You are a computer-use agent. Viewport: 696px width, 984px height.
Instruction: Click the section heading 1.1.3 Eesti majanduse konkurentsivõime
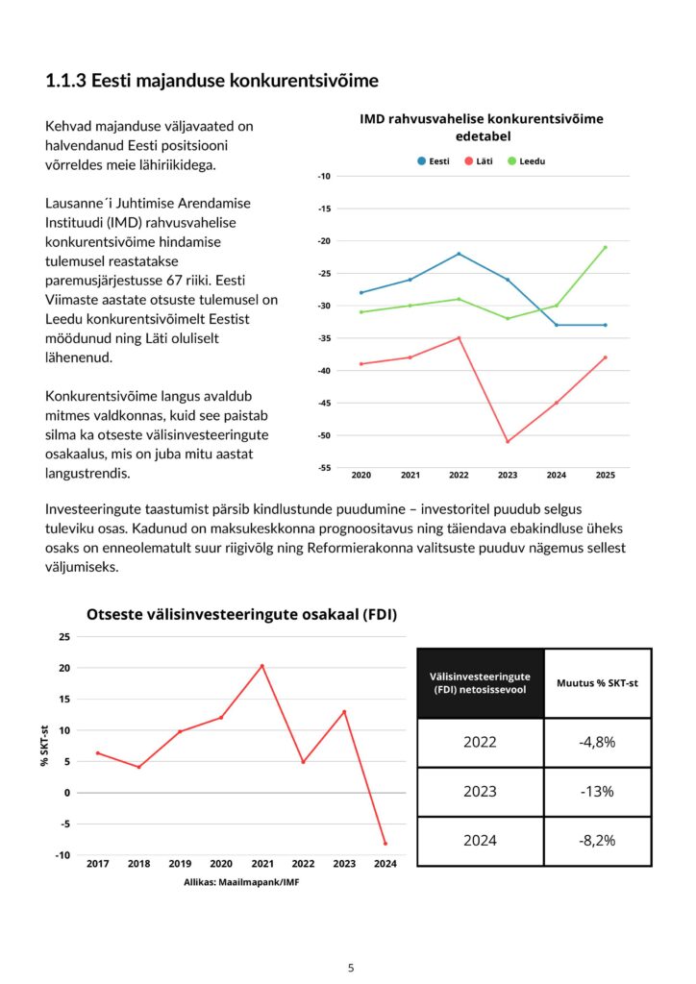(211, 81)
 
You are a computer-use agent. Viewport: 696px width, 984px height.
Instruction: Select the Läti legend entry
(478, 161)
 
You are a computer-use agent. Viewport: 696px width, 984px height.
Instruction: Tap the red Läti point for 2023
(508, 441)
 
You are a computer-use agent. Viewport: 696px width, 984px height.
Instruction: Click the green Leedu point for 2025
(605, 247)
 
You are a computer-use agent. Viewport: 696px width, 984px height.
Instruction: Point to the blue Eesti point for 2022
(459, 254)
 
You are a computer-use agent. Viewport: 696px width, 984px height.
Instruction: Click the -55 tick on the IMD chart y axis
(325, 468)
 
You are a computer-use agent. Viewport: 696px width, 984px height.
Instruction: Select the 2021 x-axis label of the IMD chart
(410, 476)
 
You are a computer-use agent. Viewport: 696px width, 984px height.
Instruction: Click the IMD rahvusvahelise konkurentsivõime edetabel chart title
(481, 128)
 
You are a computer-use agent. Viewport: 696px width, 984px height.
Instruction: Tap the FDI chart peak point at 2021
(261, 666)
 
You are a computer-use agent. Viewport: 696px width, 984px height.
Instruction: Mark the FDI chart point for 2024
(385, 844)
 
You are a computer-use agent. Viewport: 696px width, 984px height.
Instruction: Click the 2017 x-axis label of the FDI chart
(97, 864)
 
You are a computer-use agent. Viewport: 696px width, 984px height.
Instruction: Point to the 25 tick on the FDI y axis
(64, 637)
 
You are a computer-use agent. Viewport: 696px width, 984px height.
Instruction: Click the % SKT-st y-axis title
(44, 746)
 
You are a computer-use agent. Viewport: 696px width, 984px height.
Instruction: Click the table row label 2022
(480, 742)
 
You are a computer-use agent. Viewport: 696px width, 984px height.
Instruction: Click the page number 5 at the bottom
(351, 968)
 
